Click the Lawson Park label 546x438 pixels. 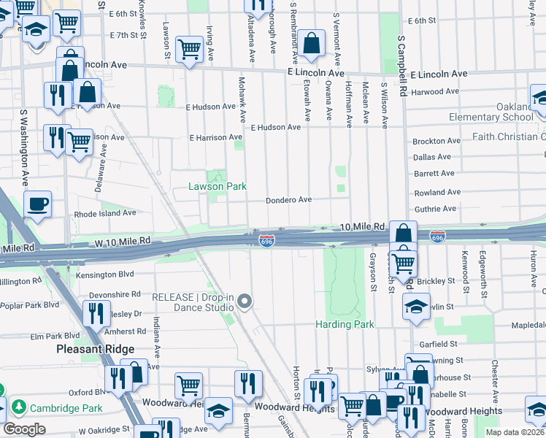[218, 187]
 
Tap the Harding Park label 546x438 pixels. [345, 324]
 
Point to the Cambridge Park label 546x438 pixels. [55, 407]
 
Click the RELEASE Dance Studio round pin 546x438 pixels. [245, 301]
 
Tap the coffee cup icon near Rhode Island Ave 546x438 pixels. [38, 205]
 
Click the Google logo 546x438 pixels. [24, 429]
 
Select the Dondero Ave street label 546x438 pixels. [288, 200]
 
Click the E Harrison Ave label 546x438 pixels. [215, 137]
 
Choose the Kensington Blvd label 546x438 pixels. [109, 274]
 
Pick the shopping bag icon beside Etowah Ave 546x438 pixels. [312, 43]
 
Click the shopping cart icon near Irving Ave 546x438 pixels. [190, 50]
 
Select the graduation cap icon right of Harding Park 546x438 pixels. [417, 307]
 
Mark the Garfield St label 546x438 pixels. [438, 344]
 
